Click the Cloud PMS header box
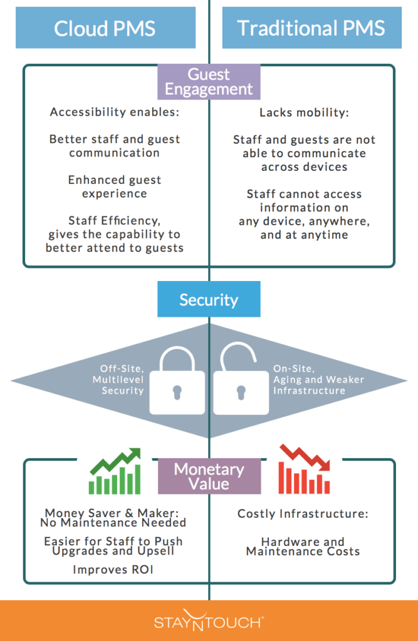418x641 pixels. (105, 28)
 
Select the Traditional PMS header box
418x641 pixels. (311, 28)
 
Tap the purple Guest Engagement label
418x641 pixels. (209, 82)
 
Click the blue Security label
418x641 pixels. (209, 299)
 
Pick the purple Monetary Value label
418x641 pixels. (209, 476)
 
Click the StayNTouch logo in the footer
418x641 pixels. (209, 622)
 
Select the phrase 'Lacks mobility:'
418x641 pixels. (304, 113)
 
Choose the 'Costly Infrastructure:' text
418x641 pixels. (303, 514)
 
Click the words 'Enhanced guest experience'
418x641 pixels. (115, 187)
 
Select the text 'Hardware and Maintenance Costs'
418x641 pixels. (303, 546)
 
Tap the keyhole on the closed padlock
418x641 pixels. (177, 393)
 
